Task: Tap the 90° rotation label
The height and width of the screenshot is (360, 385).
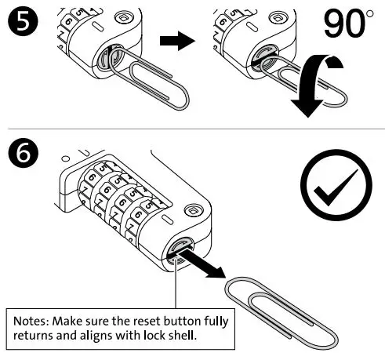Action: pyautogui.click(x=346, y=27)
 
